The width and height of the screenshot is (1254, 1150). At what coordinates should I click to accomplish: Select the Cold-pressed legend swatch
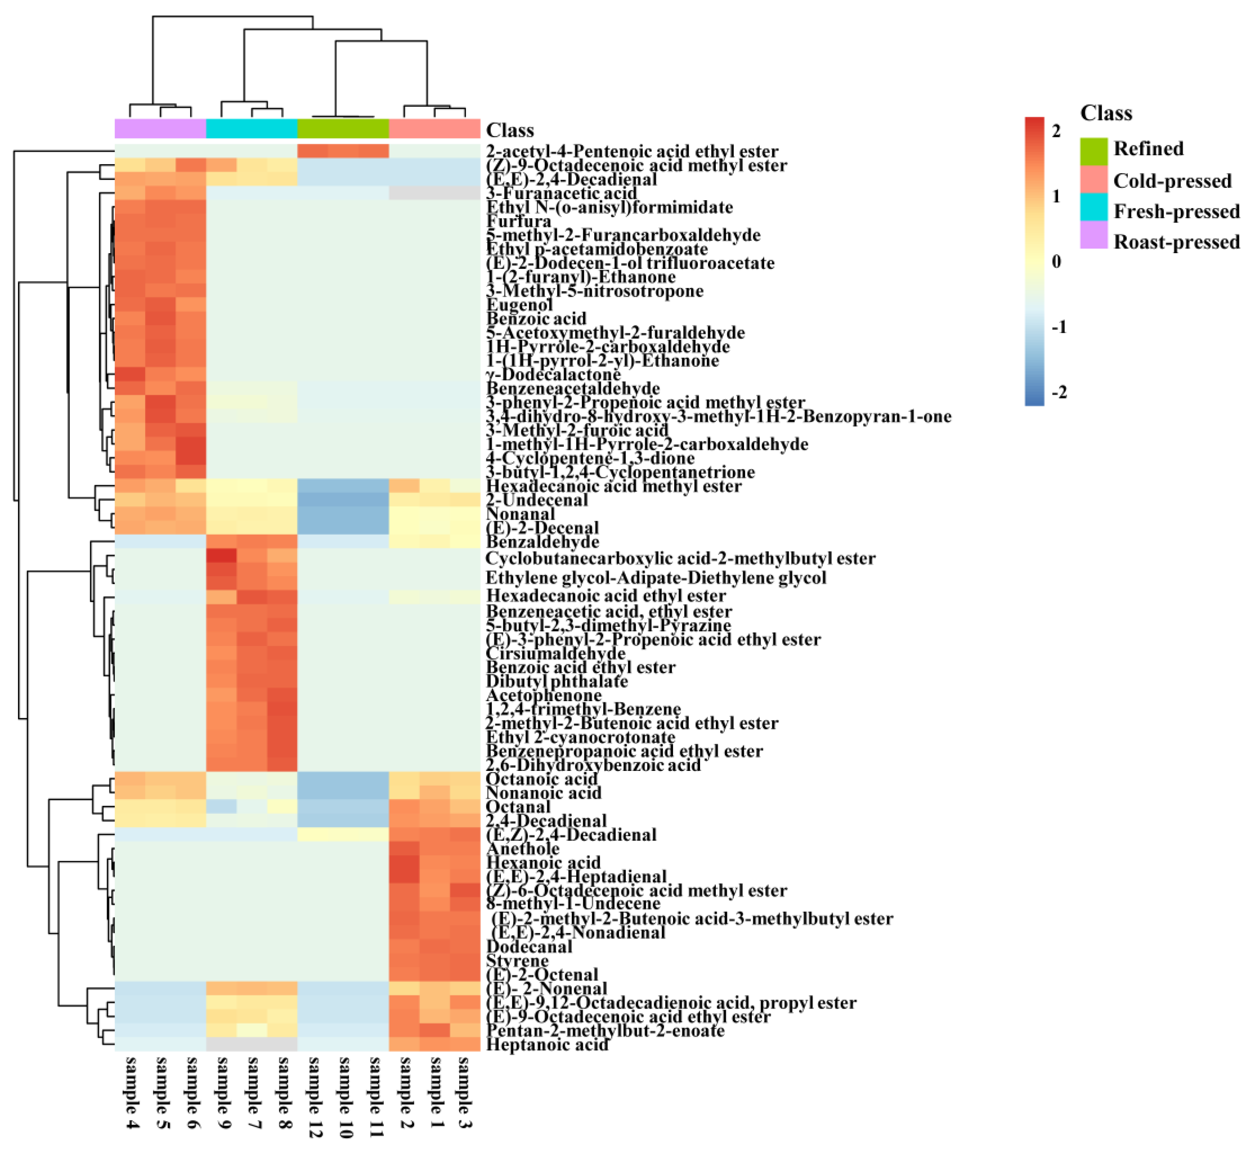(1094, 180)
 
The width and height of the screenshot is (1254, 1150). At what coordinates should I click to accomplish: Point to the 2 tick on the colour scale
(1056, 131)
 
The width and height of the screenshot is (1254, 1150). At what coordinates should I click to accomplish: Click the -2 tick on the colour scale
(1058, 392)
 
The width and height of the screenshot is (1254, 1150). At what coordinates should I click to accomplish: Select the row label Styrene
(517, 961)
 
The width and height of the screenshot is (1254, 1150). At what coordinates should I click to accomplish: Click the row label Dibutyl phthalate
(556, 681)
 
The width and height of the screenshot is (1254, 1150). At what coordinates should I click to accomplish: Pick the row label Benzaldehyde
(542, 542)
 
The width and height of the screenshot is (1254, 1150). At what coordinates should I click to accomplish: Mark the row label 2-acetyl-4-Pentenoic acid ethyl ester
(632, 151)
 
